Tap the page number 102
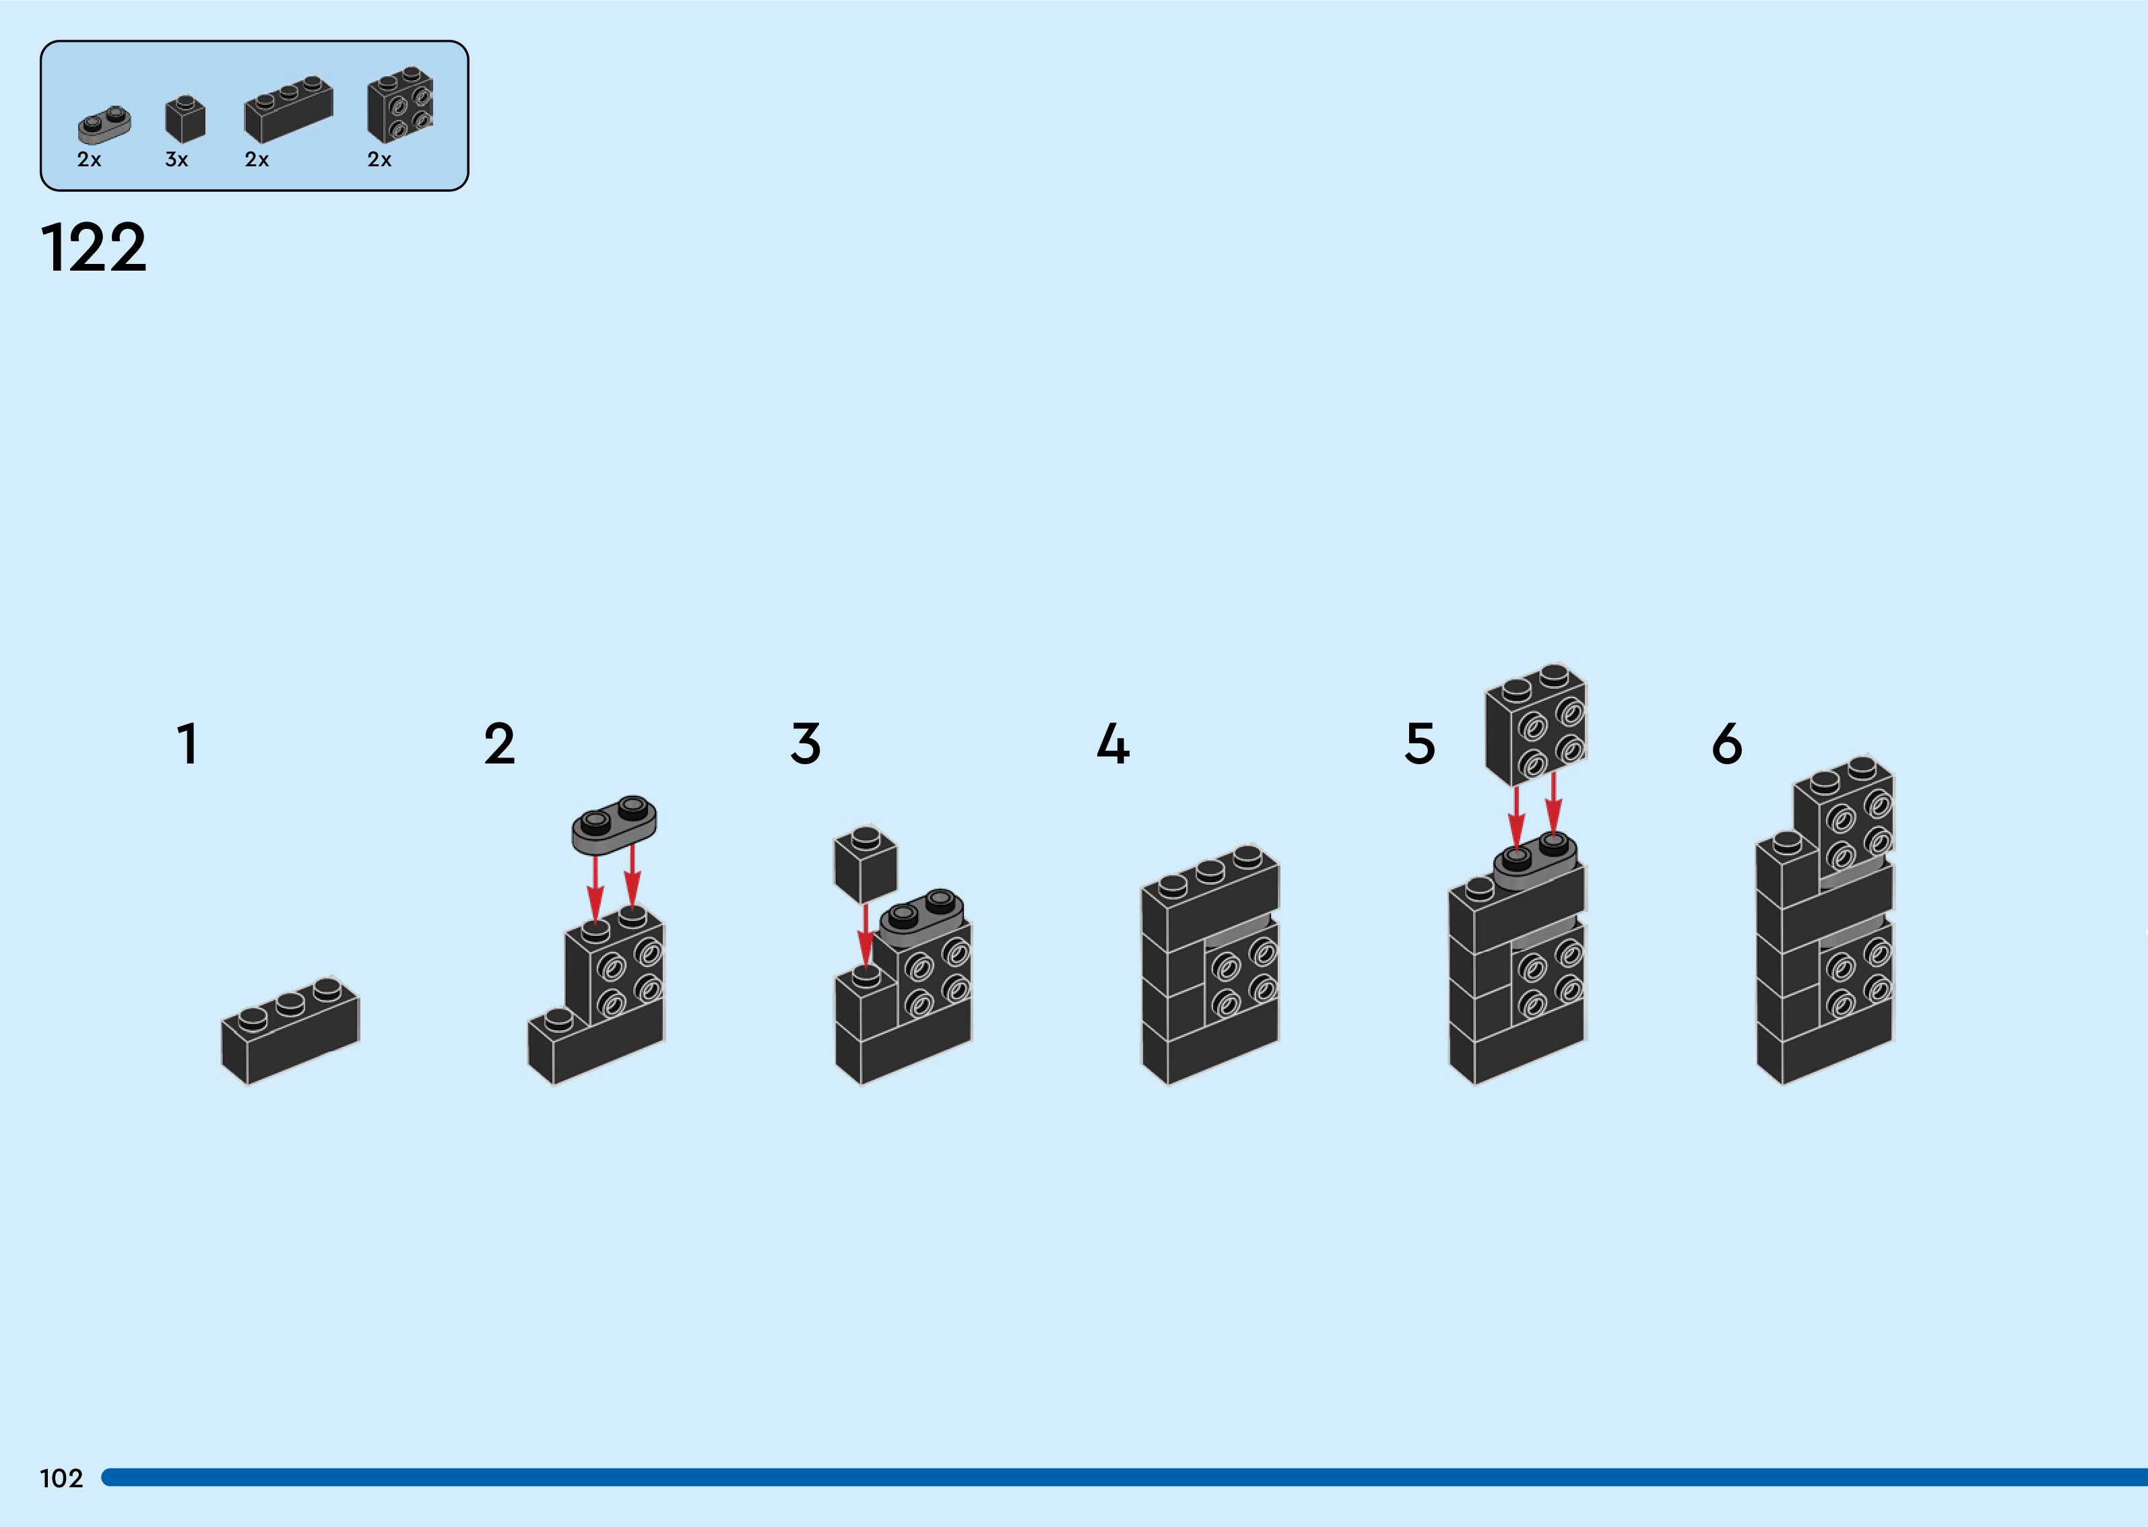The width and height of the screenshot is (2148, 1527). [x=61, y=1478]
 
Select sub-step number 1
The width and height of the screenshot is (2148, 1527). [x=188, y=744]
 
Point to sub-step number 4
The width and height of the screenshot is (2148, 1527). [x=1113, y=744]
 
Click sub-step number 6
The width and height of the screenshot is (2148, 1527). [x=1726, y=744]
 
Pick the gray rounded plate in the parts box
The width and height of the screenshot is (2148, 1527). [x=104, y=124]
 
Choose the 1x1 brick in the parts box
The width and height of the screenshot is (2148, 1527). [x=185, y=118]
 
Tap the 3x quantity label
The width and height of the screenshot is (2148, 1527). [x=176, y=160]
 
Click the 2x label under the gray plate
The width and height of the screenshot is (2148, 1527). [x=90, y=160]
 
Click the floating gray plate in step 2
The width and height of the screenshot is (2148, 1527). [x=614, y=825]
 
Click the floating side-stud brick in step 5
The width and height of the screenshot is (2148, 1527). [x=1536, y=724]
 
